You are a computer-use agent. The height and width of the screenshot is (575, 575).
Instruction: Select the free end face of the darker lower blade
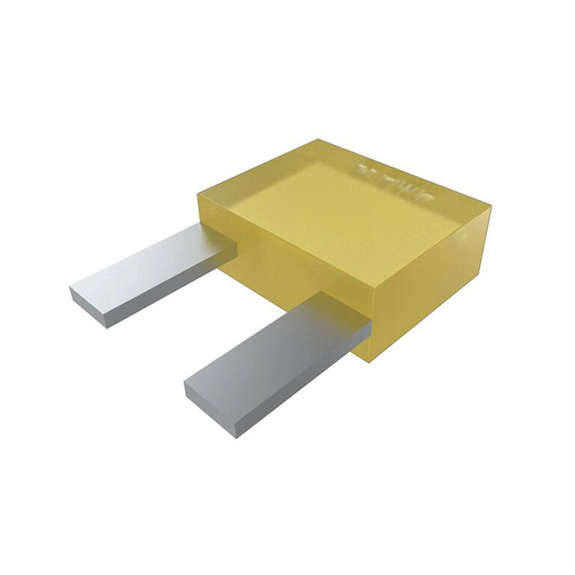209,408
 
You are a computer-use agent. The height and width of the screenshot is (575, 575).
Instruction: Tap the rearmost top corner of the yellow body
319,140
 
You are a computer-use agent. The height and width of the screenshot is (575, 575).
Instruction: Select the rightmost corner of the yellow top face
491,207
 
